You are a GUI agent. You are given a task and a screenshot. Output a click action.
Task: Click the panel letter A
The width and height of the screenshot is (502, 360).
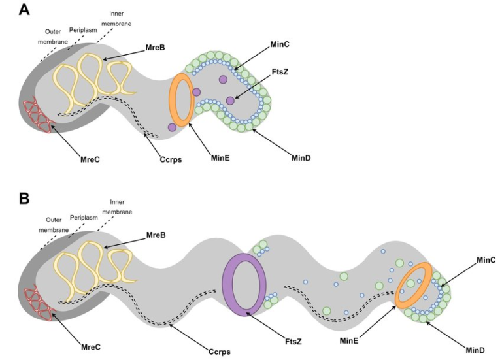24,10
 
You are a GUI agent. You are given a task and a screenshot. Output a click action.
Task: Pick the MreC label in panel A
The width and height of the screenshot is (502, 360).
84,158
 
